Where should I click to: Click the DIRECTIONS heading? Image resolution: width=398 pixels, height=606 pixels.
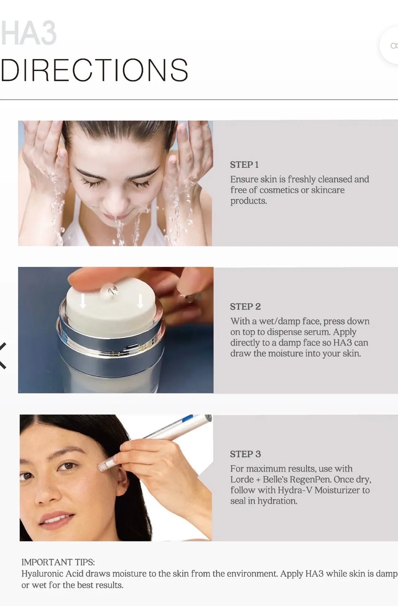click(94, 70)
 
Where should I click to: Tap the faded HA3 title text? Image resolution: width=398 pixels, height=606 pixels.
click(29, 33)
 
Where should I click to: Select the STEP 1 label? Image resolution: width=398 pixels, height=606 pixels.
click(244, 165)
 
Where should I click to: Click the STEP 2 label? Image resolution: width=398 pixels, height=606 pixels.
click(245, 307)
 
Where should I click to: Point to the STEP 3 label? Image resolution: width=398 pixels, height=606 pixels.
click(245, 454)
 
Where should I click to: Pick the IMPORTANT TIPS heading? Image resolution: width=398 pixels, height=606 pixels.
click(58, 562)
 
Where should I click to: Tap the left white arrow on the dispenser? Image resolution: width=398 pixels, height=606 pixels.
click(83, 300)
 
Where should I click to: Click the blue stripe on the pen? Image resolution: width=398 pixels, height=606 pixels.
click(188, 419)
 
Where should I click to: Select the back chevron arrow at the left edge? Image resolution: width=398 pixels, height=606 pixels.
click(3, 356)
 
